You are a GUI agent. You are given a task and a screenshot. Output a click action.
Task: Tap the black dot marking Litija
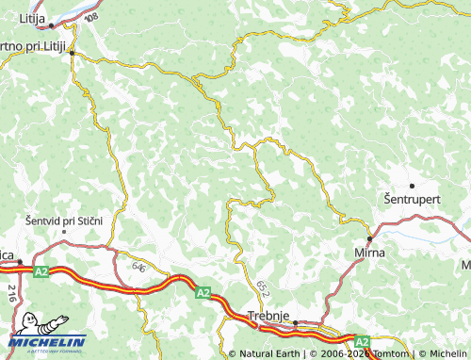51,26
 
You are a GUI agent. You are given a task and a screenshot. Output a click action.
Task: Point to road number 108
90,18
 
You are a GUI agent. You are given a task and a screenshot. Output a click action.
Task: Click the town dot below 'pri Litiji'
72,54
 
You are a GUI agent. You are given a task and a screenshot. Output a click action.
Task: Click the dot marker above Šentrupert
412,185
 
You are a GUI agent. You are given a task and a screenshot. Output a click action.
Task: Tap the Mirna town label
366,254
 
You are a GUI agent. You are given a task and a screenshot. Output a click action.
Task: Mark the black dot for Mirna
368,239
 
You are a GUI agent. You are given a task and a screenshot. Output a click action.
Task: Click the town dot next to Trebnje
295,322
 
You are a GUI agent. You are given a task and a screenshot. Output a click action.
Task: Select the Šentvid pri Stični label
62,220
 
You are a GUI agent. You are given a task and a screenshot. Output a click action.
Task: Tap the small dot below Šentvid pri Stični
63,231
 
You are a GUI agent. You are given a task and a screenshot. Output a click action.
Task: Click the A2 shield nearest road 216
41,271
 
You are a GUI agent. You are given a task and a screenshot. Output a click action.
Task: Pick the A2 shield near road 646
203,293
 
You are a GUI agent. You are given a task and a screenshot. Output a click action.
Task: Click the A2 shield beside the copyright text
362,341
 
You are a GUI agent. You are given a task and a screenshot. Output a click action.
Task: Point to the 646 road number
139,269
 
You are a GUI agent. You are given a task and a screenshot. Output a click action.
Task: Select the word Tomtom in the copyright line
388,354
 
